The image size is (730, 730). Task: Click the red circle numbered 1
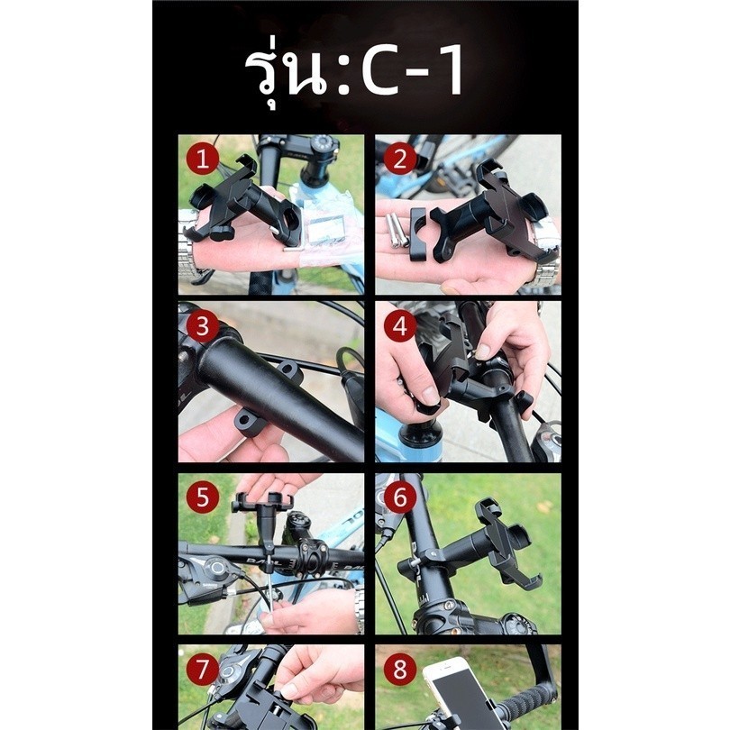(x=202, y=160)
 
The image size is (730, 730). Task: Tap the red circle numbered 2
(x=400, y=160)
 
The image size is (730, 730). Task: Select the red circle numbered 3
(x=202, y=326)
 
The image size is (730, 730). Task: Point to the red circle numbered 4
(x=400, y=326)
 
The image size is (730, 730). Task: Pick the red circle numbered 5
(x=202, y=497)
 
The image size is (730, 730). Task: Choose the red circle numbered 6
(x=400, y=497)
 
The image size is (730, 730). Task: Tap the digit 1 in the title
(x=450, y=71)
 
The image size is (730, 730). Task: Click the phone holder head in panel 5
(x=263, y=503)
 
